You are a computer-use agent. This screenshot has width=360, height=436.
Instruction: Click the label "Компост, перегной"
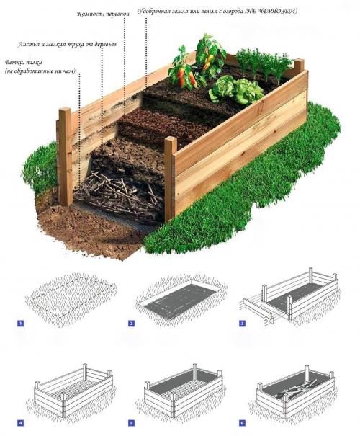point(104,14)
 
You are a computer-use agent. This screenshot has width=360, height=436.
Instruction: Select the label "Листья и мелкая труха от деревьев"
point(68,45)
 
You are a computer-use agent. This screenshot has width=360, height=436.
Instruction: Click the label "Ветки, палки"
point(24,62)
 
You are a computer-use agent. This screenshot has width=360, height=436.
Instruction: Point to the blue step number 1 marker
point(21,324)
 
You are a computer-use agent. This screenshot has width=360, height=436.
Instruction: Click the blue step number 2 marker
point(131,324)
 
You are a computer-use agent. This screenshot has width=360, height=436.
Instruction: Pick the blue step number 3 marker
point(242,324)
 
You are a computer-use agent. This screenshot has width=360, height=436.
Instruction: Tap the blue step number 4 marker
point(21,424)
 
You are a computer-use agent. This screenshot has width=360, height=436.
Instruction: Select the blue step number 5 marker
point(131,424)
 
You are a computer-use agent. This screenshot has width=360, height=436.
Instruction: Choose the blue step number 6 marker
point(242,424)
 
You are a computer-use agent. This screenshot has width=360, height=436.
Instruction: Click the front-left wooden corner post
point(66,156)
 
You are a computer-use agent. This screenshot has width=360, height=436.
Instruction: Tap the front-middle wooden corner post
point(170,179)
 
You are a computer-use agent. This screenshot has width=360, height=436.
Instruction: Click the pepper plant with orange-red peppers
point(184,69)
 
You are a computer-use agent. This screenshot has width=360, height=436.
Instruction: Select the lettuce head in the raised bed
point(236,89)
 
